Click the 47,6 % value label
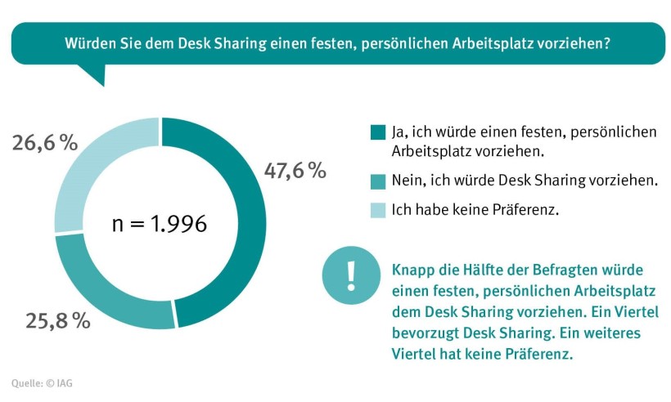[295, 171]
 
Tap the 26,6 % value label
[45, 142]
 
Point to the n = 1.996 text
[160, 223]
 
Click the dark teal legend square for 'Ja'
[377, 132]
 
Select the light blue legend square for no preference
[377, 210]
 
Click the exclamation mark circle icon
[351, 275]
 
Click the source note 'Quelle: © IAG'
[47, 382]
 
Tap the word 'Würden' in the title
[89, 43]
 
